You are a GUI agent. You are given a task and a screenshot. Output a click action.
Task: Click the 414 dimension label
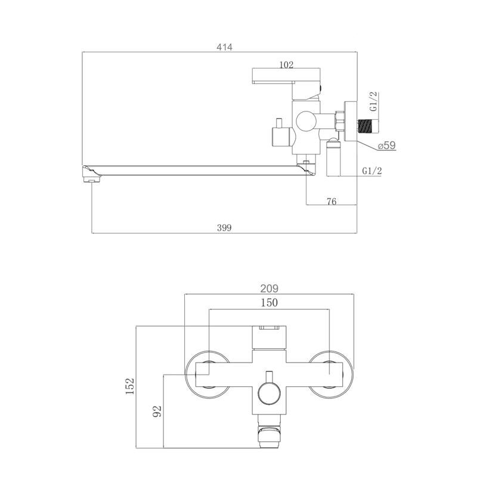[x=224, y=47]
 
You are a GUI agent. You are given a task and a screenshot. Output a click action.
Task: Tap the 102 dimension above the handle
[x=286, y=65]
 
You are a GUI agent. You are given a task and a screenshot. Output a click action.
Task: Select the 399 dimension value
[x=224, y=228]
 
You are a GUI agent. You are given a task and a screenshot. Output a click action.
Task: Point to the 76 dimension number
[x=332, y=202]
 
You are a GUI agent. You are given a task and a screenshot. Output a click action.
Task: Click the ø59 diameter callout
[x=386, y=145]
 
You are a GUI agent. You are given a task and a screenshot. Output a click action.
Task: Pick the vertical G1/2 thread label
[x=374, y=101]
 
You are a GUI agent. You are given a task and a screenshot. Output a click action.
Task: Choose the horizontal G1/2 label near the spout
[x=371, y=171]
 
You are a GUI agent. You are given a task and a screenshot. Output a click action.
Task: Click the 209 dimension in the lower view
[x=270, y=288]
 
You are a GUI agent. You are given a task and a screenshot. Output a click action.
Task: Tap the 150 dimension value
[x=270, y=303]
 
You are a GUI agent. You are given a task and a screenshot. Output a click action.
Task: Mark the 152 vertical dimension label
[x=130, y=386]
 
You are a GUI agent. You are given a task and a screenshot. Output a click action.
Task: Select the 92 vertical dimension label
[x=157, y=411]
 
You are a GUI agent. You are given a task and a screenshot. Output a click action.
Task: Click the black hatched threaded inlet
[x=366, y=126]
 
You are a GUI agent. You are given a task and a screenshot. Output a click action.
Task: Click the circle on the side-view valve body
[x=306, y=122]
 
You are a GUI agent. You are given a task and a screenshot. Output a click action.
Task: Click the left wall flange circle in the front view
[x=208, y=374]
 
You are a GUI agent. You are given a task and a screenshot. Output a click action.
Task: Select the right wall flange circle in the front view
[x=330, y=374]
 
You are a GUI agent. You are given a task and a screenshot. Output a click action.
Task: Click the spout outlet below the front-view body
[x=270, y=431]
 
